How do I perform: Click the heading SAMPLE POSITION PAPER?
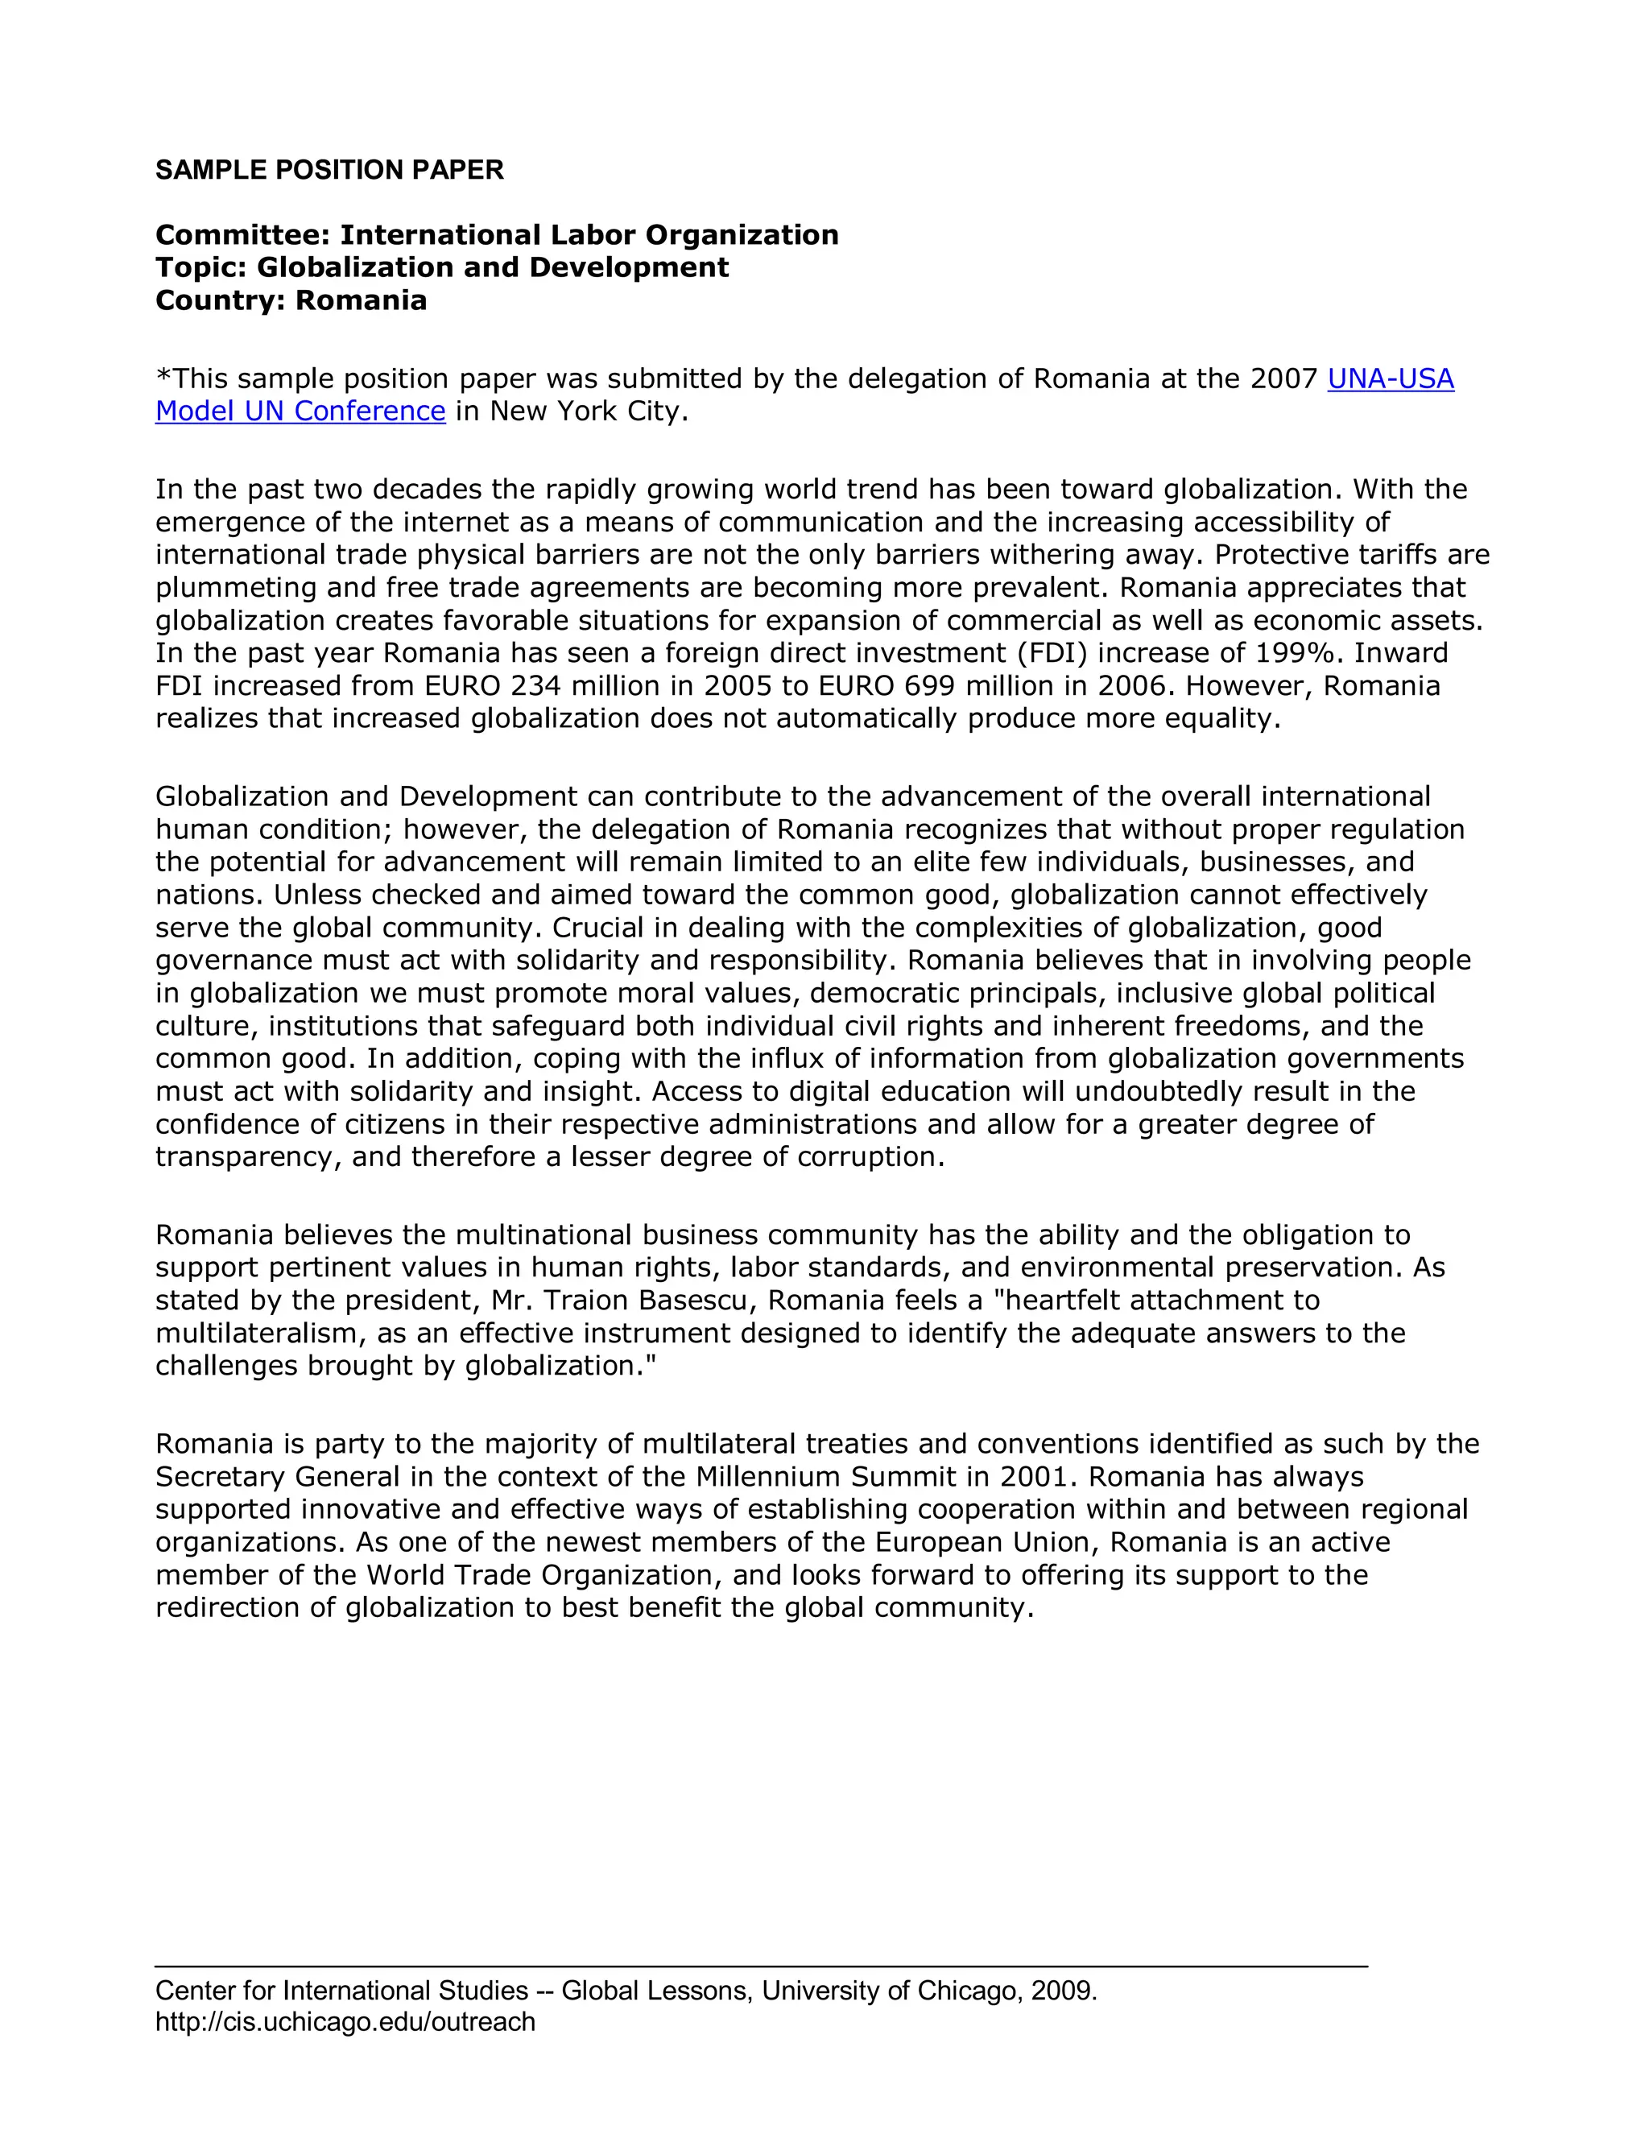pyautogui.click(x=329, y=170)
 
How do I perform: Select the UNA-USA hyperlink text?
pyautogui.click(x=1390, y=379)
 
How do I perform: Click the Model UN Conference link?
pyautogui.click(x=300, y=411)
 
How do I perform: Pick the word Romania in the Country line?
pyautogui.click(x=362, y=300)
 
